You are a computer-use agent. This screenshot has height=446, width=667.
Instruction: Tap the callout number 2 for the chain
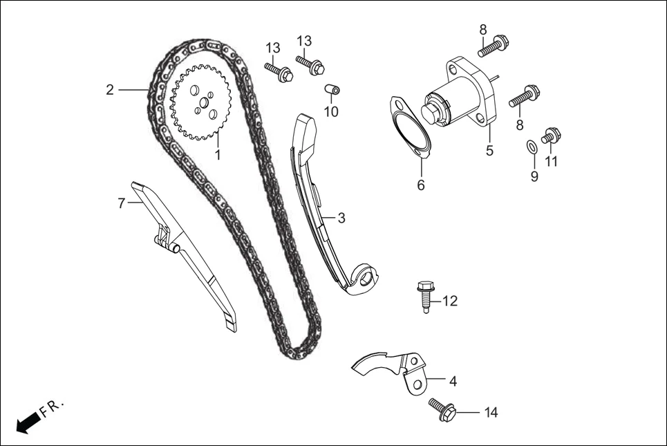(x=110, y=89)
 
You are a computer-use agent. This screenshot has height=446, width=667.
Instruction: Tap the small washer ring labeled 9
(x=530, y=147)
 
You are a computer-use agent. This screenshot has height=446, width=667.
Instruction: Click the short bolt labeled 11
(x=551, y=136)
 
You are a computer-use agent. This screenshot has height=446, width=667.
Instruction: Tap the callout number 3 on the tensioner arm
(x=341, y=218)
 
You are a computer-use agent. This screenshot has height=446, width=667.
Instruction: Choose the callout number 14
(x=491, y=413)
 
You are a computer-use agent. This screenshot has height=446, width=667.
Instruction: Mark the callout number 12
(x=450, y=301)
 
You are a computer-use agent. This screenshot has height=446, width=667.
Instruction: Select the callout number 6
(x=421, y=185)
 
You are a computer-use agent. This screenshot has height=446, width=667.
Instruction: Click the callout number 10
(x=331, y=111)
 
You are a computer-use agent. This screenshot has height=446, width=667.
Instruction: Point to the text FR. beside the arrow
(x=53, y=408)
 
